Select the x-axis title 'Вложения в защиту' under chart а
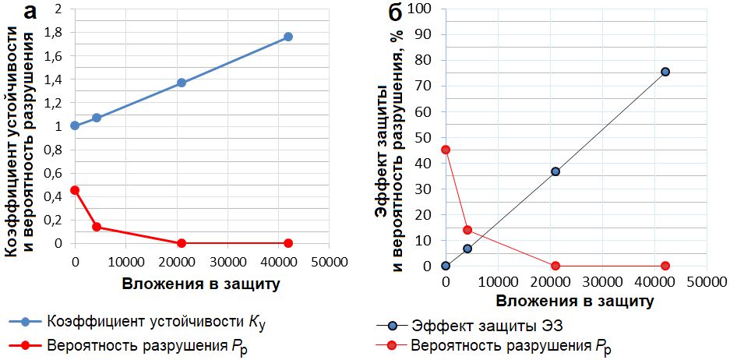click(200, 284)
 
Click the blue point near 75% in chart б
click(665, 72)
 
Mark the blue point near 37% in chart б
click(555, 171)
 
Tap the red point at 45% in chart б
click(446, 150)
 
